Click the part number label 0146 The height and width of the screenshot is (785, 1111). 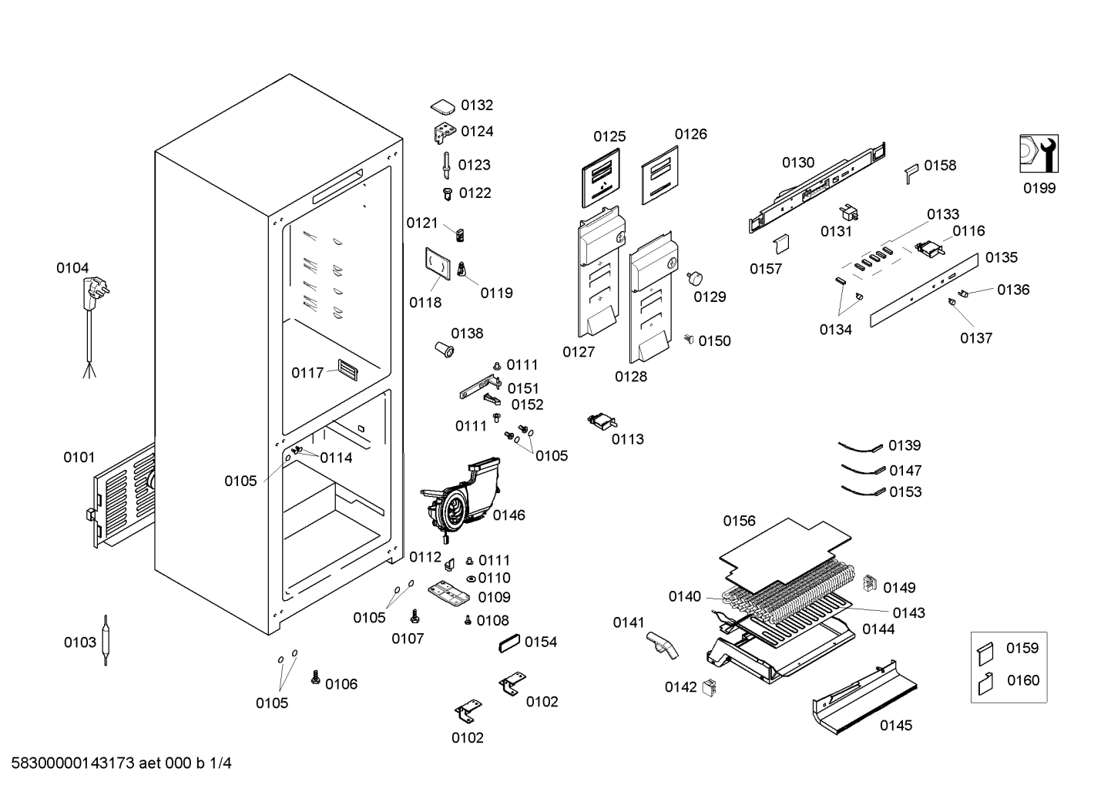(x=509, y=515)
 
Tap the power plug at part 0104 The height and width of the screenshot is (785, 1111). (x=96, y=294)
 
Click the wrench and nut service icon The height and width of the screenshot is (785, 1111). (x=1039, y=154)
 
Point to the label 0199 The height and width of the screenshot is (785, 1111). (x=1039, y=188)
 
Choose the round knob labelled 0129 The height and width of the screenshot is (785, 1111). (x=695, y=278)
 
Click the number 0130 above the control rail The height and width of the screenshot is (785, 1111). (x=798, y=163)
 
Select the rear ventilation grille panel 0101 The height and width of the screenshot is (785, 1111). (x=123, y=495)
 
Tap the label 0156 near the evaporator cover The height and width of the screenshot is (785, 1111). (x=739, y=521)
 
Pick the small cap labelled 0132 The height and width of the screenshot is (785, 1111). (x=443, y=106)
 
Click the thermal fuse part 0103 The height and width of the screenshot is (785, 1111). (x=105, y=640)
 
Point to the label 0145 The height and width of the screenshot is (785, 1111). (x=896, y=726)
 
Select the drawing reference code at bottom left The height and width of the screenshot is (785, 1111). (x=121, y=763)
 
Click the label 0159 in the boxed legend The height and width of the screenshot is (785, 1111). (x=1022, y=648)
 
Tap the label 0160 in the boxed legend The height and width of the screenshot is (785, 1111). (x=1022, y=680)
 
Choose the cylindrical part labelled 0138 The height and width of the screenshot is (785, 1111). (x=445, y=349)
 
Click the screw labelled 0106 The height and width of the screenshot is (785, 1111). (x=315, y=677)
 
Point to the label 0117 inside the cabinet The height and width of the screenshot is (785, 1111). (x=307, y=372)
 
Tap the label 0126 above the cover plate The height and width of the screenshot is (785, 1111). (x=691, y=134)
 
